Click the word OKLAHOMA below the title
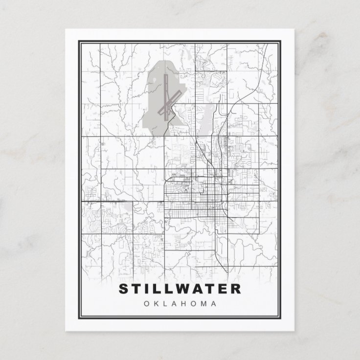tap(180, 304)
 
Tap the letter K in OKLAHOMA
tap(157, 304)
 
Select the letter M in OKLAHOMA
tap(204, 304)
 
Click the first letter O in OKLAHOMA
tap(147, 304)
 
